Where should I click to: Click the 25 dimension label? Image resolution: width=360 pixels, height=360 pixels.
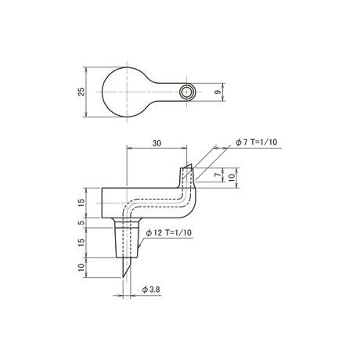(x=81, y=92)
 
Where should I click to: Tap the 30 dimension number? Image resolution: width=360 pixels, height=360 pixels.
(x=157, y=143)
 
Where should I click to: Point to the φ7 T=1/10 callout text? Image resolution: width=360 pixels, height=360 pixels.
(x=257, y=142)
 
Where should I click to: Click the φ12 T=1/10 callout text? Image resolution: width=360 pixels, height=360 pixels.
(x=169, y=232)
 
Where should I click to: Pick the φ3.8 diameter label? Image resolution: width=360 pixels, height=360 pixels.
(x=151, y=290)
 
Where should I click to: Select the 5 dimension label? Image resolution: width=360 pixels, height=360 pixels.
(x=81, y=223)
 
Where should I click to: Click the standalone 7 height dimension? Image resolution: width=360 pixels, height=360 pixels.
(x=218, y=175)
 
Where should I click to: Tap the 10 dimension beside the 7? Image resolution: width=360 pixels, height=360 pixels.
(x=232, y=178)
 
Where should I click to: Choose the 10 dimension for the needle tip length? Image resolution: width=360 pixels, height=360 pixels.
(x=81, y=268)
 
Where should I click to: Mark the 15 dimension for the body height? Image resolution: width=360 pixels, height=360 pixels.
(x=81, y=203)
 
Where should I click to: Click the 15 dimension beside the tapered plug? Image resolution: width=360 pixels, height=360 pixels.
(x=81, y=243)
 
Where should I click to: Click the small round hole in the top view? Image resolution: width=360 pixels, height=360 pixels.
(x=186, y=92)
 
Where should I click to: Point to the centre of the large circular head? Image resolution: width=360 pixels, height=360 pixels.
(x=127, y=92)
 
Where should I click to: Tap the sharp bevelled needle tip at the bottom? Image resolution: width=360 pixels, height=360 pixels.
(x=123, y=277)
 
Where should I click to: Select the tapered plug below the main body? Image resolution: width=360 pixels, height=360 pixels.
(x=127, y=243)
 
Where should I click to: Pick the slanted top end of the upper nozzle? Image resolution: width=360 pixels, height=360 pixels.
(x=187, y=166)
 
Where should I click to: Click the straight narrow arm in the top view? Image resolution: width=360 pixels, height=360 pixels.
(x=168, y=92)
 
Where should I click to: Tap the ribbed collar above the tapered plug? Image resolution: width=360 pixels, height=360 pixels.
(x=127, y=224)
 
